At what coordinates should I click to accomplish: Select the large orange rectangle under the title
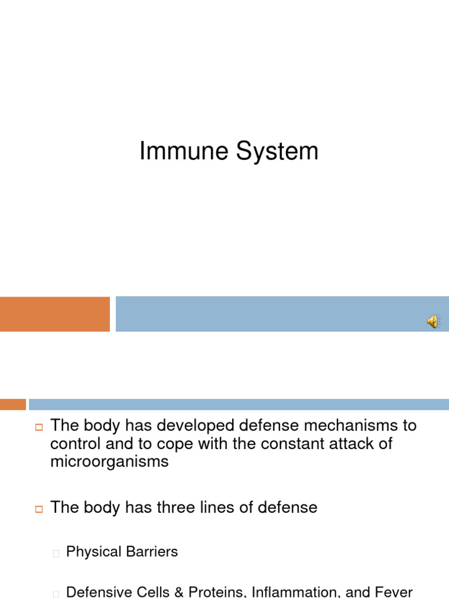54,314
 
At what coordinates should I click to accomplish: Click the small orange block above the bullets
13,404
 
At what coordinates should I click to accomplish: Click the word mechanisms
340,425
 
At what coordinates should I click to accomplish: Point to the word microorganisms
109,461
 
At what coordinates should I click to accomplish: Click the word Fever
395,592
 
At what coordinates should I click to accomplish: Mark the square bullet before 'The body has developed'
39,427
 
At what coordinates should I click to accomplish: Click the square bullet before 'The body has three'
39,509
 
